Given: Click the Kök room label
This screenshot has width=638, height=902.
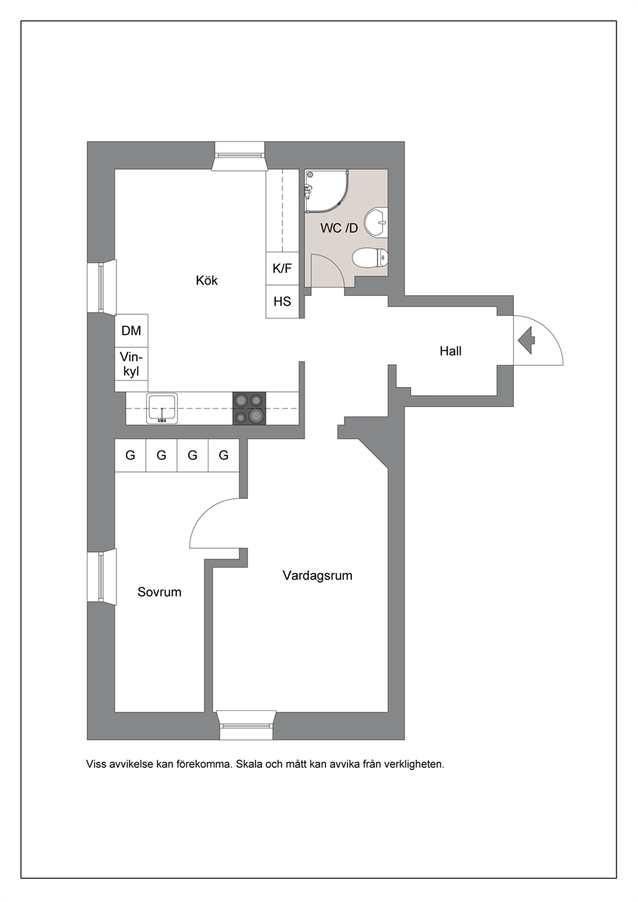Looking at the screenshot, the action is pyautogui.click(x=206, y=280).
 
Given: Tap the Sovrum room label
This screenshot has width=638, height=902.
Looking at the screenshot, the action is pyautogui.click(x=159, y=592).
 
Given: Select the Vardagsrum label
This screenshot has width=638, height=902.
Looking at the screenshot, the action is pyautogui.click(x=317, y=576).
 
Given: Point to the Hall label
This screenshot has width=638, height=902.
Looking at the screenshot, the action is pyautogui.click(x=450, y=351).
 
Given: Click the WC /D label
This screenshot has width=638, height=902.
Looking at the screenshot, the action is pyautogui.click(x=339, y=228).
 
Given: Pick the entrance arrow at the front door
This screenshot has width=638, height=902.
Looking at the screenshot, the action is pyautogui.click(x=527, y=340).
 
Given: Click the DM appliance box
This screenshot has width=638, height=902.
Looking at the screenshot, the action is pyautogui.click(x=131, y=330).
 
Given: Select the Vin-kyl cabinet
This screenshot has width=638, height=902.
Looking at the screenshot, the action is pyautogui.click(x=131, y=364).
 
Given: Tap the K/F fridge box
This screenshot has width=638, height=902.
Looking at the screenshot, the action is pyautogui.click(x=282, y=269).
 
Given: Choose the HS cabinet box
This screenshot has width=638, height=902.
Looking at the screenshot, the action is pyautogui.click(x=282, y=302).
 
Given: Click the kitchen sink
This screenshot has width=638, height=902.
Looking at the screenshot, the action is pyautogui.click(x=162, y=408).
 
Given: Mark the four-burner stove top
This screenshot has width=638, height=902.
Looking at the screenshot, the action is pyautogui.click(x=249, y=408).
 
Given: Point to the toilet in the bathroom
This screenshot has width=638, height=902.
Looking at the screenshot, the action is pyautogui.click(x=370, y=257).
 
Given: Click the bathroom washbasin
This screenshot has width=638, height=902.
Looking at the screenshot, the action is pyautogui.click(x=376, y=221).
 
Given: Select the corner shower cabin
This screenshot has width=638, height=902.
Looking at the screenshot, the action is pyautogui.click(x=327, y=191).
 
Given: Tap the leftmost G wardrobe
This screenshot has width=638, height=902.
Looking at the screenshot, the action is pyautogui.click(x=130, y=455).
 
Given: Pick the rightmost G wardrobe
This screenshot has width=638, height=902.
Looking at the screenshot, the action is pyautogui.click(x=224, y=455).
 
